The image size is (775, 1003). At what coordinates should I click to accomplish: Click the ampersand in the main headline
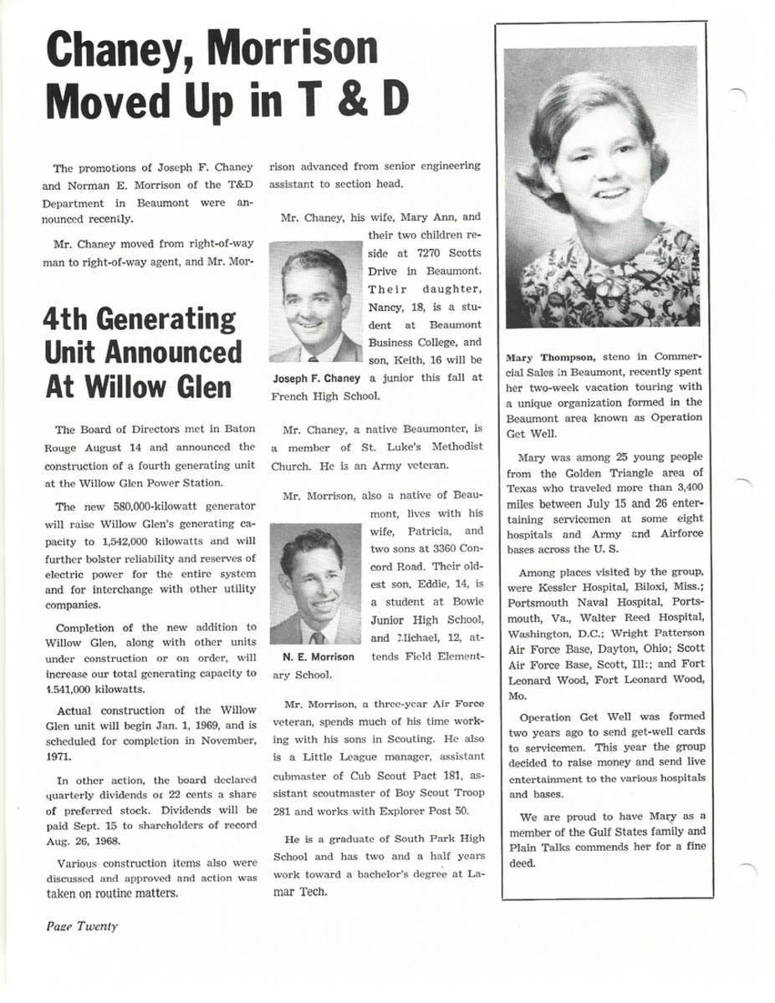334,99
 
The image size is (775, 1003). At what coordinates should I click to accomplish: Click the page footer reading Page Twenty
82,925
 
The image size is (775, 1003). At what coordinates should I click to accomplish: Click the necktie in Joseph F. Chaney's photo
313,356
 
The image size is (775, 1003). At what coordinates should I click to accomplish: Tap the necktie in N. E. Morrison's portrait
316,638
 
